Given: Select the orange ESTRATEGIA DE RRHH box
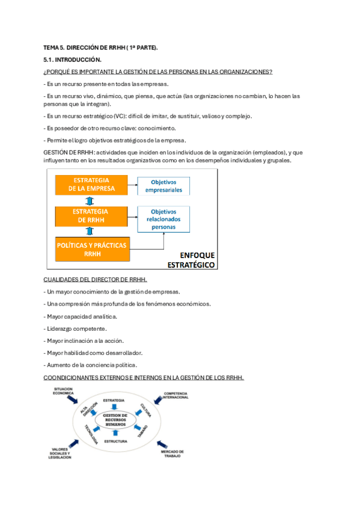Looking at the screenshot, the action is click(x=91, y=216).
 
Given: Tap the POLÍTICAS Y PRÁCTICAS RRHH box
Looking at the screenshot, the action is click(x=91, y=250).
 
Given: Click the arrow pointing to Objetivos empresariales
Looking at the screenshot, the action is click(x=133, y=185).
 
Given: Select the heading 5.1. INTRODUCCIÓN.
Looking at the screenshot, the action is click(x=73, y=60).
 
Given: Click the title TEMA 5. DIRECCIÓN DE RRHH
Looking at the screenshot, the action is click(x=100, y=47).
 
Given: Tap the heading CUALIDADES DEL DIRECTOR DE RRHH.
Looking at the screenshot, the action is click(x=96, y=280).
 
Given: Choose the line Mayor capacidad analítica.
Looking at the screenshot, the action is click(x=81, y=316).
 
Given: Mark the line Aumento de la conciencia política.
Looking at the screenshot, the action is click(x=91, y=364).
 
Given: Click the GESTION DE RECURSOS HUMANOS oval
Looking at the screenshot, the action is click(x=115, y=420).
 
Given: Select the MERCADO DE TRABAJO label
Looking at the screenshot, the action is click(x=172, y=453).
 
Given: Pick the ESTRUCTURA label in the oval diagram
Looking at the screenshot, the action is click(x=115, y=442).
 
